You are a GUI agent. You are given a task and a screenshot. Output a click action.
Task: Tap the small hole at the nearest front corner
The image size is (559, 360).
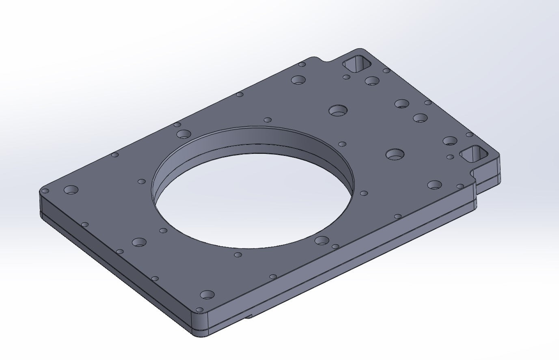pyautogui.click(x=199, y=309)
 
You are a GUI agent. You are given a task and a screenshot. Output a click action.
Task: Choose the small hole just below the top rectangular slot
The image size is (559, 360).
pyautogui.click(x=346, y=77)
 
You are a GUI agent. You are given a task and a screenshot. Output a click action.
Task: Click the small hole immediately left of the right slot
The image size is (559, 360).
pyautogui.click(x=450, y=157)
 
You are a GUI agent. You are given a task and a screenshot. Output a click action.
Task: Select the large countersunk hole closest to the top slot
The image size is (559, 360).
pyautogui.click(x=371, y=80)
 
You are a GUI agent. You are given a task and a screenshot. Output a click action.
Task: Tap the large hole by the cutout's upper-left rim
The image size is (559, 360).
pyautogui.click(x=183, y=134)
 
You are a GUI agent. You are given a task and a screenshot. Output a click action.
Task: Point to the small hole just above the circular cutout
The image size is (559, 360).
pyautogui.click(x=268, y=120)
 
